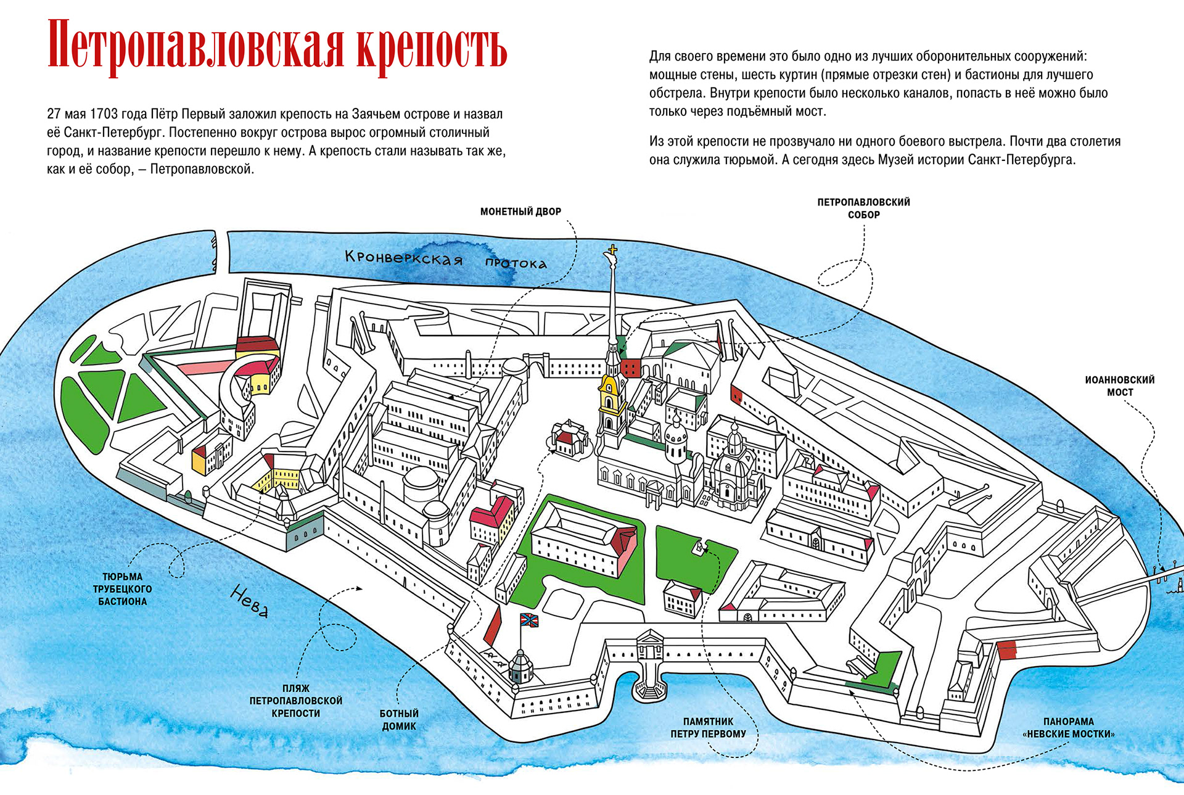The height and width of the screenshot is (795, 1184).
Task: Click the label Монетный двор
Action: tap(520, 212)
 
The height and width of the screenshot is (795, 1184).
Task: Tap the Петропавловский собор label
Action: tap(863, 208)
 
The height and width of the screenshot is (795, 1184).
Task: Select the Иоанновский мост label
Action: tap(1119, 386)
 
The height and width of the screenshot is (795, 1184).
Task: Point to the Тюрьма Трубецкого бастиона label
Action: tap(122, 589)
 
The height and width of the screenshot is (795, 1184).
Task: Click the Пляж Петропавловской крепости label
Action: tap(295, 701)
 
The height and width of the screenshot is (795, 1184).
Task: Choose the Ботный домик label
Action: tap(399, 720)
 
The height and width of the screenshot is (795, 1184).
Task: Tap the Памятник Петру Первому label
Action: tap(708, 728)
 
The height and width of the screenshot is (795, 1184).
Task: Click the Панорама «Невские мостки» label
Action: tap(1068, 728)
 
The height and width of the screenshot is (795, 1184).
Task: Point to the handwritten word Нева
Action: tap(250, 601)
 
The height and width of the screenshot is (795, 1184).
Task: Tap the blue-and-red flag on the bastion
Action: tap(529, 620)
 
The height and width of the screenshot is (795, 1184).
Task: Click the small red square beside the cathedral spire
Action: tap(631, 368)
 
